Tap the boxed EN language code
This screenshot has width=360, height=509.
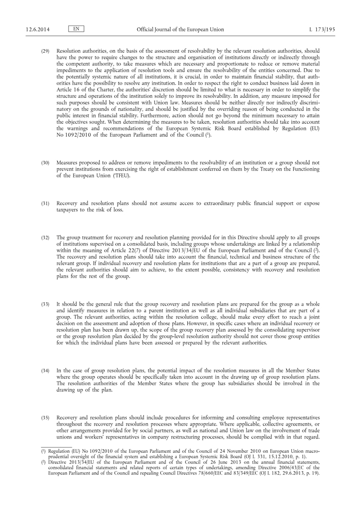point(76,29)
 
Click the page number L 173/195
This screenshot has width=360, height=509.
point(323,30)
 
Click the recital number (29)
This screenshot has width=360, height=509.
point(45,51)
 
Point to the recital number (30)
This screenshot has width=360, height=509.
point(45,163)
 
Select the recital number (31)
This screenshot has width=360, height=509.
point(45,204)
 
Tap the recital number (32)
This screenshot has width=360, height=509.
point(45,237)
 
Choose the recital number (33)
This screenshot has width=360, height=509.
point(45,305)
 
